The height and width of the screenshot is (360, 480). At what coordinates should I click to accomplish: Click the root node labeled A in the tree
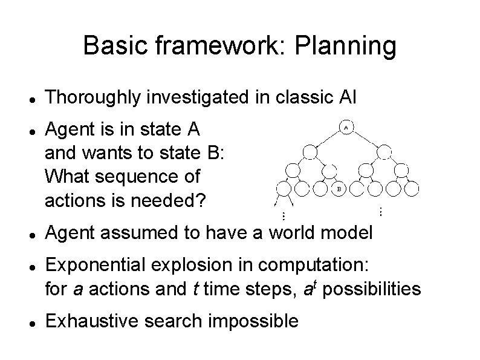click(346, 128)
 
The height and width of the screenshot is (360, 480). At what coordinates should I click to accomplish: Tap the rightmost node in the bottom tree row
click(412, 189)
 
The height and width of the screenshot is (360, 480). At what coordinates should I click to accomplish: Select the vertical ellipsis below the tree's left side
click(284, 215)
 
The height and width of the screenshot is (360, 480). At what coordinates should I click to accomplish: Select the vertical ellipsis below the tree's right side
click(380, 211)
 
